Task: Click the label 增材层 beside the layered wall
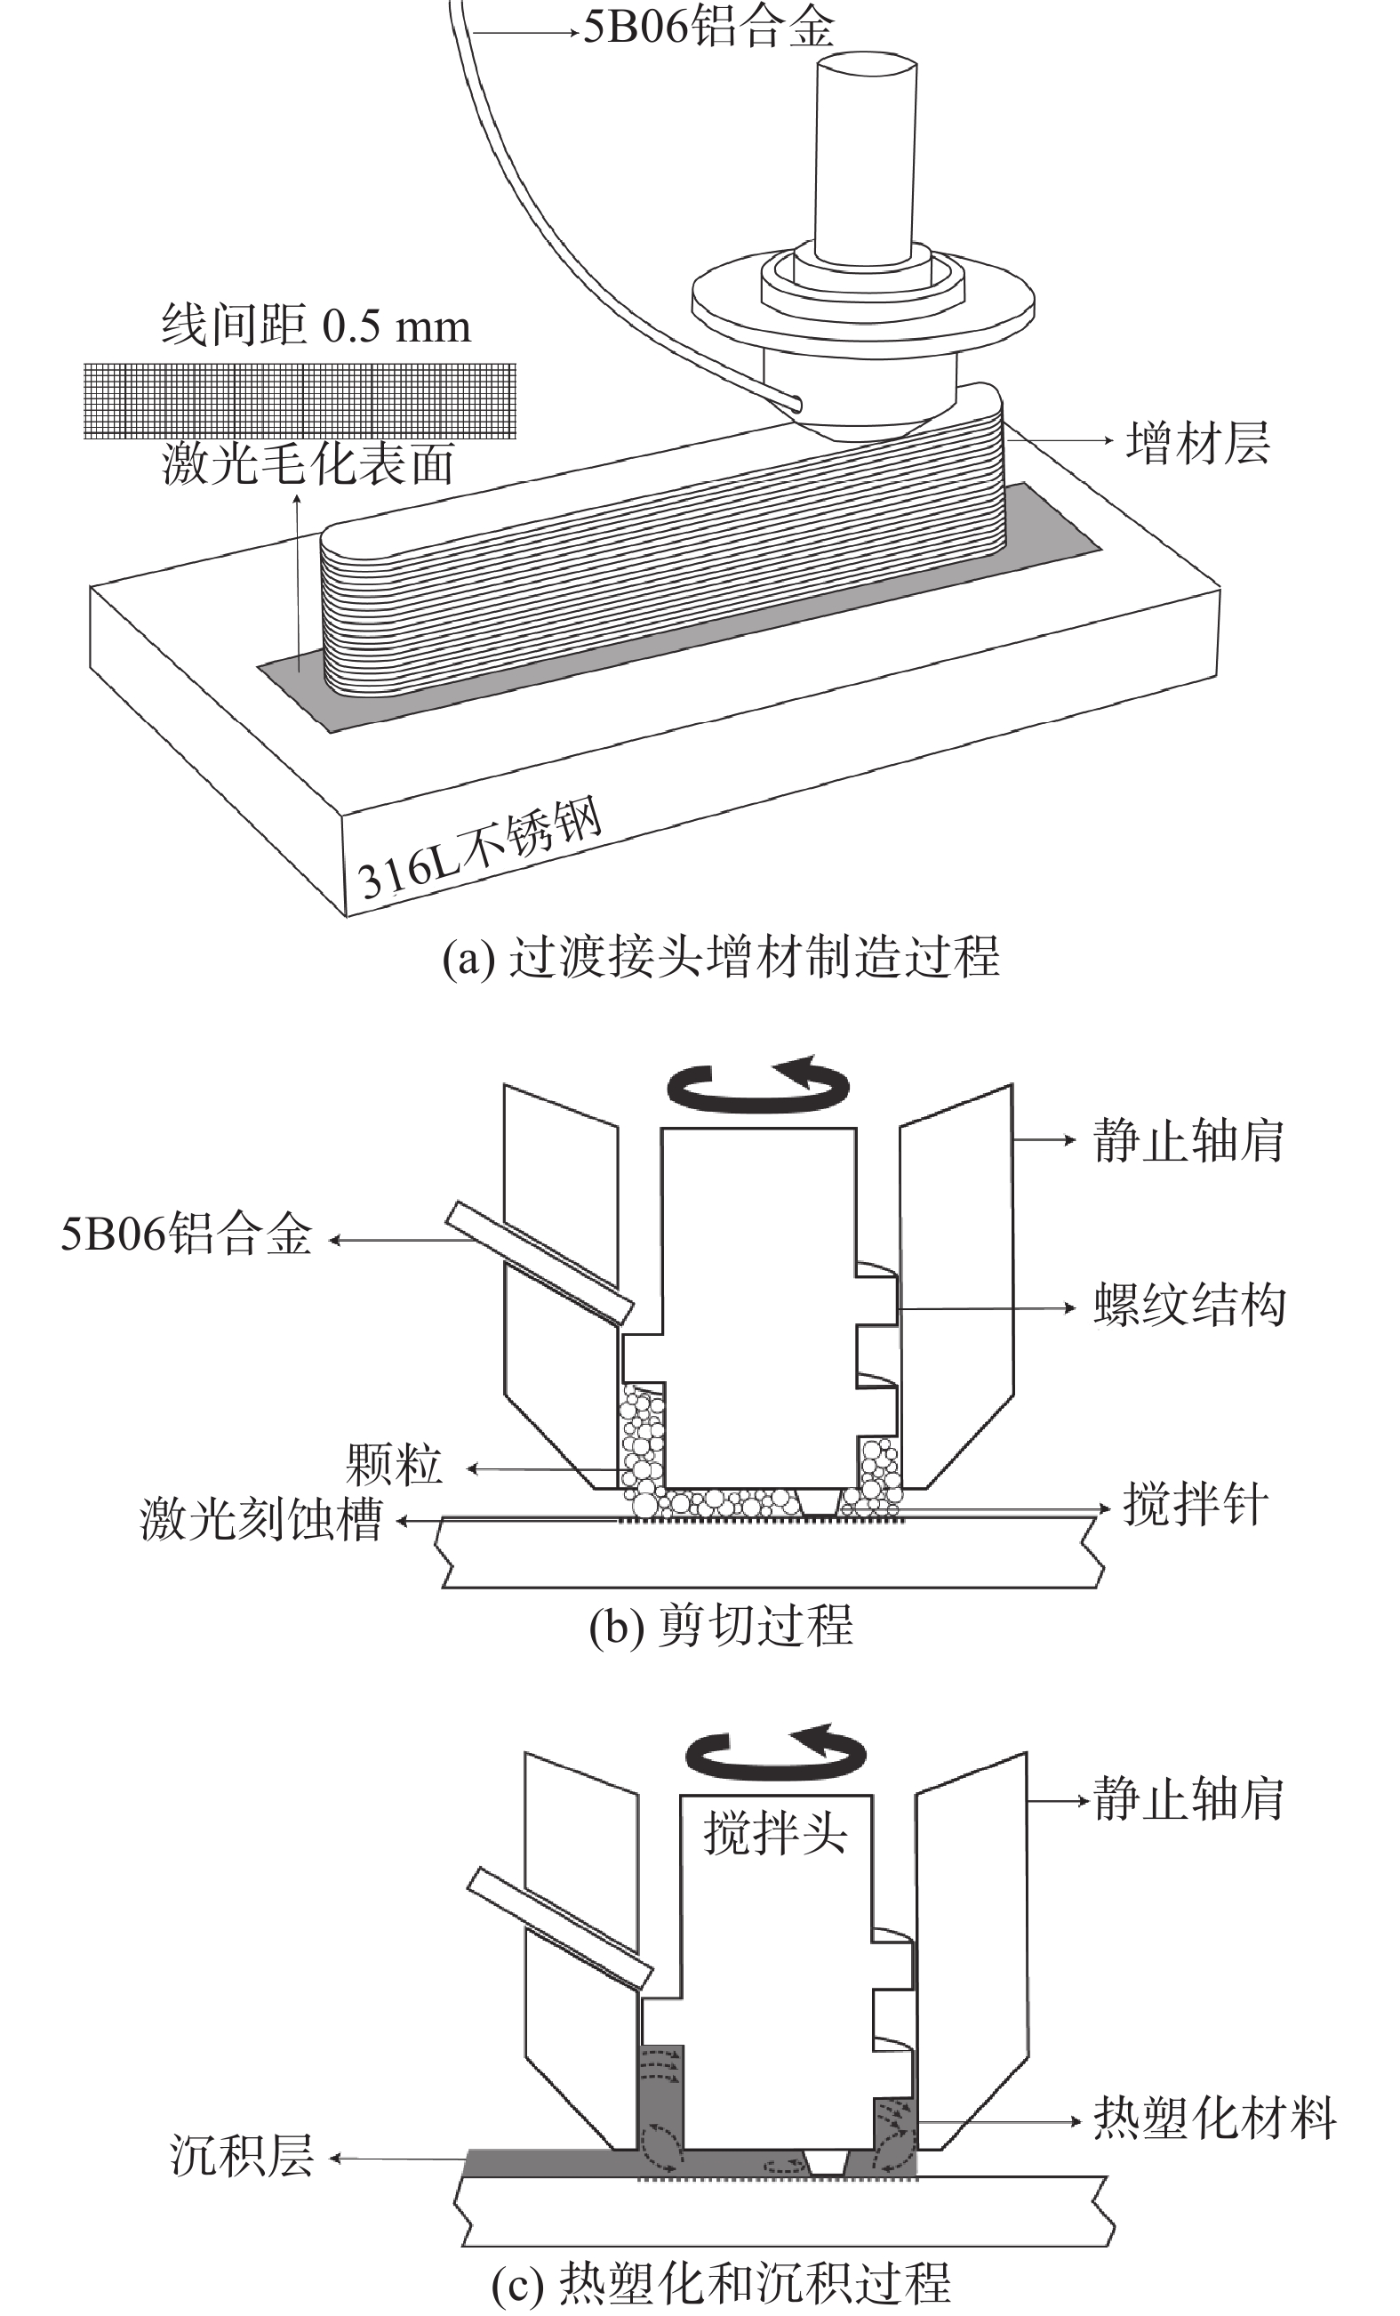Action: click(1198, 442)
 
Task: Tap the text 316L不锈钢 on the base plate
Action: click(480, 849)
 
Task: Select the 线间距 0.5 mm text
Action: click(316, 326)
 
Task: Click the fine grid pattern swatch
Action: click(300, 400)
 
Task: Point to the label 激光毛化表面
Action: click(308, 464)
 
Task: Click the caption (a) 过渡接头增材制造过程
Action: click(721, 957)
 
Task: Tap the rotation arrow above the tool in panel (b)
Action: click(757, 1085)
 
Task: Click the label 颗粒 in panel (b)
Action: click(394, 1466)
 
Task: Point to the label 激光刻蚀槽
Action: click(262, 1519)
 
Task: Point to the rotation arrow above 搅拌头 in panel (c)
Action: click(776, 1754)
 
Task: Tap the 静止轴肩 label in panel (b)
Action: click(1188, 1141)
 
